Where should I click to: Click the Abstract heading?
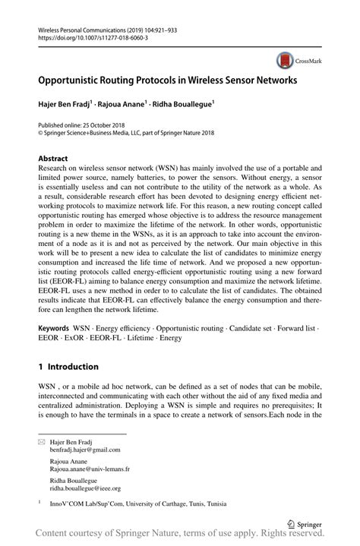[53, 159]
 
